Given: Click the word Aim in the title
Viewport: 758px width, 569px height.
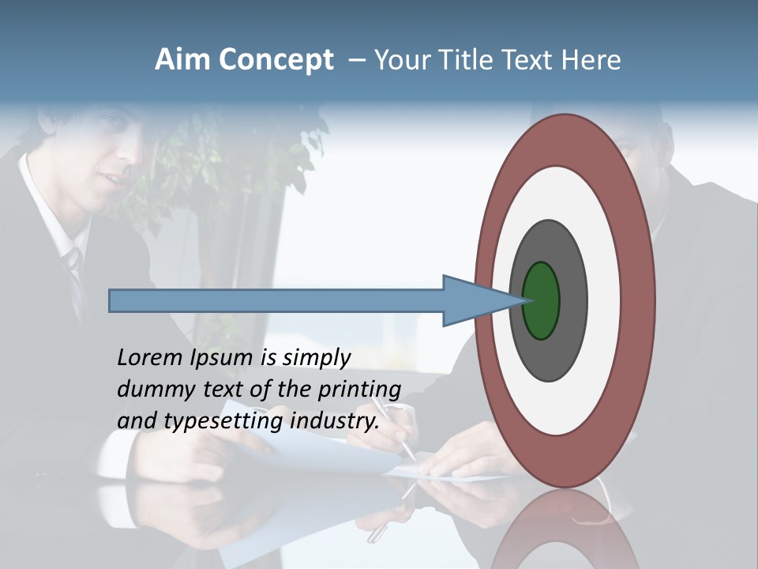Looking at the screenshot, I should (x=183, y=60).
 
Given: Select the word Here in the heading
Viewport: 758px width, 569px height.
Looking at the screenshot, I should (x=591, y=60).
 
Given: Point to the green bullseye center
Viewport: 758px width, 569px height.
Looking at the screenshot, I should (x=542, y=300).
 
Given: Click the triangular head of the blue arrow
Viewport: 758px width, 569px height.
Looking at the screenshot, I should (x=474, y=300).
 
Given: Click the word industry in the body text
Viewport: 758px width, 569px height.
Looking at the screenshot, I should (x=335, y=420).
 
